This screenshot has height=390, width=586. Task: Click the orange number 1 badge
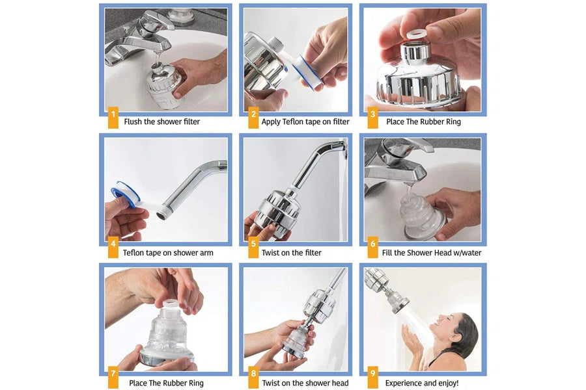coord(113,118)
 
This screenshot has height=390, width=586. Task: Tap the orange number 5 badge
coord(253,248)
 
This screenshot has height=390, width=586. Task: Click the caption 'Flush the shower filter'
coord(161,122)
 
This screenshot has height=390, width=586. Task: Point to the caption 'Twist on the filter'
coord(291,253)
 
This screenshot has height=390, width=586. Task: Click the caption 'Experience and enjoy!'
coord(421,383)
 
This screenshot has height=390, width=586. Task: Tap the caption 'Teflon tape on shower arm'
coord(168,253)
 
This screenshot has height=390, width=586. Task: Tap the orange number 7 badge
coord(113,374)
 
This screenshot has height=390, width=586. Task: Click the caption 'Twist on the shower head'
coord(305,383)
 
